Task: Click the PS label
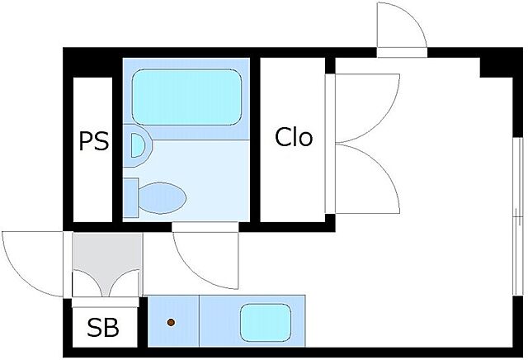93,141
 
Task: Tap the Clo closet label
294,137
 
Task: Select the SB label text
103,329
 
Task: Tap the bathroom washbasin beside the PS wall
138,147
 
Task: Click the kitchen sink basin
266,320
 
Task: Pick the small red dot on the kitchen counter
172,321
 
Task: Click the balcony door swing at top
402,27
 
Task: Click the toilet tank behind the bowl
130,197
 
